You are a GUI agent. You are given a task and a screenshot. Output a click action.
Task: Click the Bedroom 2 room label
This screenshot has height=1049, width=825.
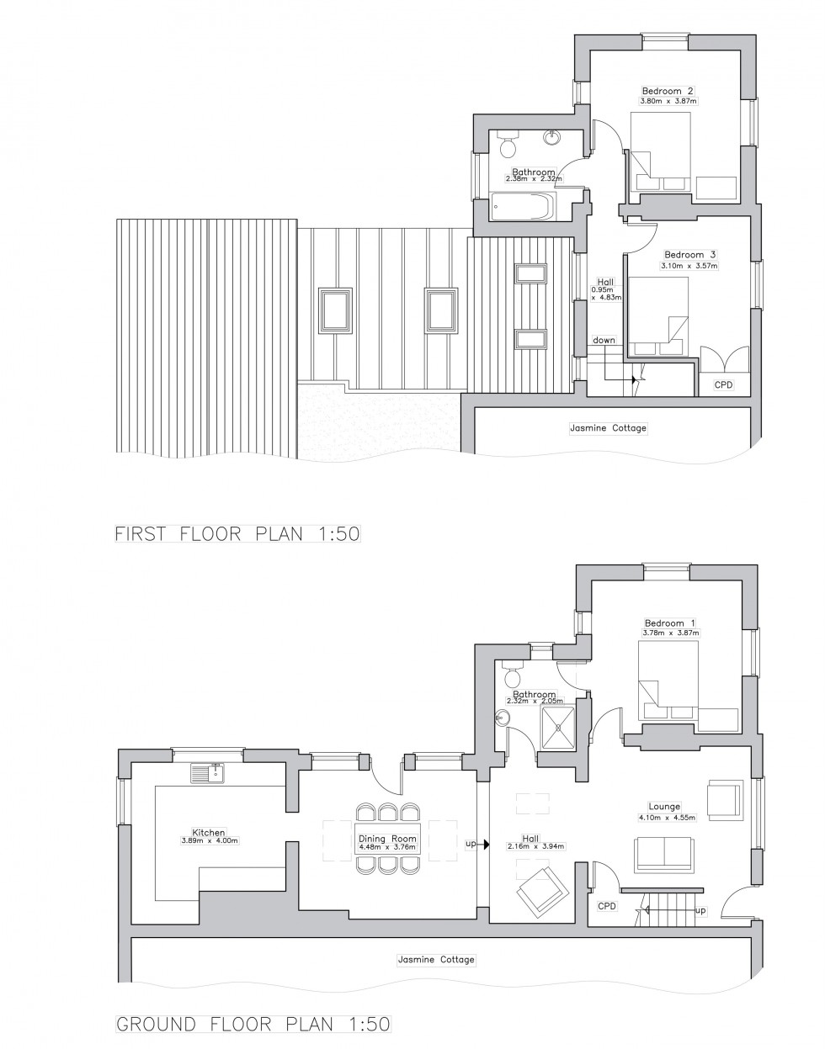tap(668, 91)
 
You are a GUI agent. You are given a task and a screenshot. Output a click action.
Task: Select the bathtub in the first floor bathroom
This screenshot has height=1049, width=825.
tap(523, 205)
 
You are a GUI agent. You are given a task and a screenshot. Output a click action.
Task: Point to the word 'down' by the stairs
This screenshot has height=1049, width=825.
tap(604, 340)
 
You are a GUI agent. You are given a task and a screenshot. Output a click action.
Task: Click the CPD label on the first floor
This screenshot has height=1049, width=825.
tap(724, 384)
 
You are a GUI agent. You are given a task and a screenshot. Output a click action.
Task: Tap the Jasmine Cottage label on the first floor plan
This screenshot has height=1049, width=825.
tap(608, 428)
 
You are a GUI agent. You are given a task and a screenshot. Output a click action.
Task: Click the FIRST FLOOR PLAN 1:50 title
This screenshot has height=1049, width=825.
tap(237, 534)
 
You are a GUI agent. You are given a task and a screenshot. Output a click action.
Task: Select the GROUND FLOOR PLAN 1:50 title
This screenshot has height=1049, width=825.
tap(253, 1025)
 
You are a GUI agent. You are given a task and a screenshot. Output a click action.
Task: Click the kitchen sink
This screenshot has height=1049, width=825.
tap(207, 771)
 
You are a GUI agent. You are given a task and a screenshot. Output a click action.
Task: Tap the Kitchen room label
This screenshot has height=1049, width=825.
tap(208, 832)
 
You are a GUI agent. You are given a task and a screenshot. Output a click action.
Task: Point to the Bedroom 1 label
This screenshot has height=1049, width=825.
tap(668, 623)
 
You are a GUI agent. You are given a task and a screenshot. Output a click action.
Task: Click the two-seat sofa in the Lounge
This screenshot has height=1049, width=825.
tap(665, 853)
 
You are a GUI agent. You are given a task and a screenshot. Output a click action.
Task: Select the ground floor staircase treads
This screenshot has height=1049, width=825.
tap(670, 909)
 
